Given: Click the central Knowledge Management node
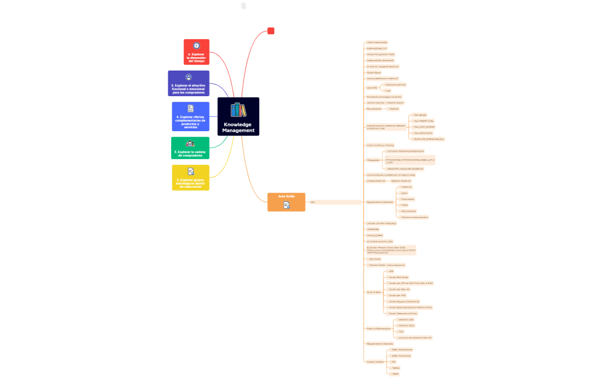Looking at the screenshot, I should coord(238,117).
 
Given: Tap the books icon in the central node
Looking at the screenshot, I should coord(238,110).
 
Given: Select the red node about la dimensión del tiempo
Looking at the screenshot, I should coord(196,52).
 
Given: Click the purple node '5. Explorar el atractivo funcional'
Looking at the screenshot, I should coord(189,83).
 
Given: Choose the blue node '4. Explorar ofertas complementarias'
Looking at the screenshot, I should coord(190,117).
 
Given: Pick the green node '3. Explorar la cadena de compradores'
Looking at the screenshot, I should coord(190,148).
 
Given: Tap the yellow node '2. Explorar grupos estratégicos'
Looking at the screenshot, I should coord(190,177).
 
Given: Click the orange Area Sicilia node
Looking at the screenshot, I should coord(286,202).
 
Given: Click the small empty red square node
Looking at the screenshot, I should coord(271,31).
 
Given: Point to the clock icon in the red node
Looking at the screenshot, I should coord(197,45).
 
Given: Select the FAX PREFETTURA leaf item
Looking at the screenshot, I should coord(424,121).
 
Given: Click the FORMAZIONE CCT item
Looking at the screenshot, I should coord(377,48).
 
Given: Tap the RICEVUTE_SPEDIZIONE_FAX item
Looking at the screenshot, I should coord(429,139).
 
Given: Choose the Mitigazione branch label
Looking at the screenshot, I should coord(373,159).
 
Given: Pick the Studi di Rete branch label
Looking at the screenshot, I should coord(374,292).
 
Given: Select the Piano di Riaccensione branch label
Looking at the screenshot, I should coord(377,328).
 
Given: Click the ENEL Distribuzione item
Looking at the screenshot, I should coord(402,349).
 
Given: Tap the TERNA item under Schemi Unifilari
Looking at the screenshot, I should coord(395,368).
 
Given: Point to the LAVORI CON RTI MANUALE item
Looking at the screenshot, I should coord(381,223).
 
